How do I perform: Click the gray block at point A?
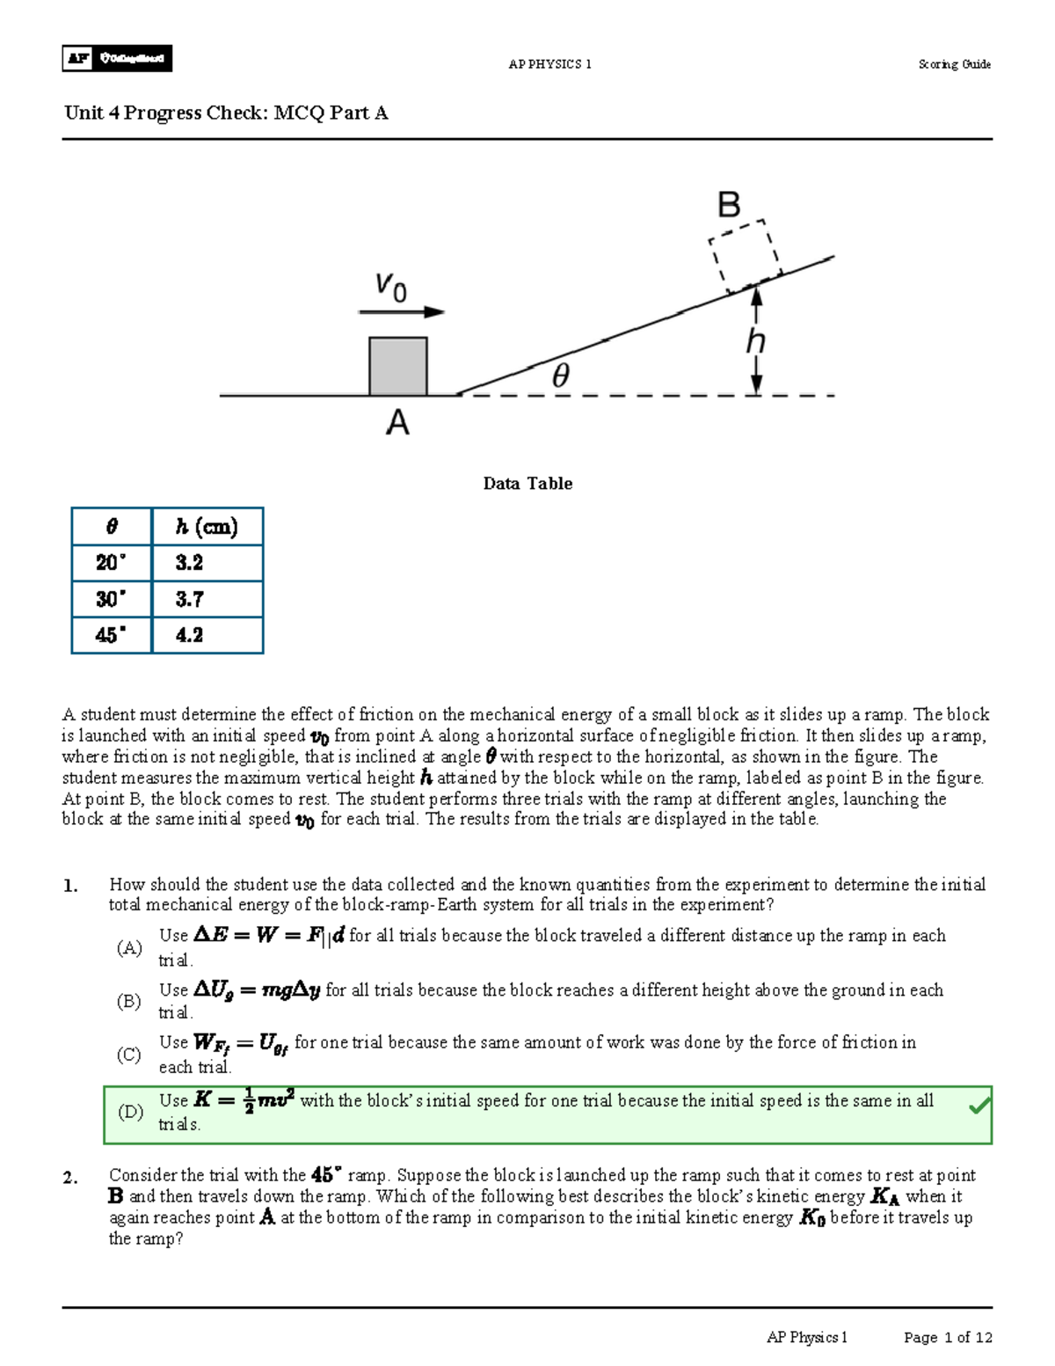pos(398,367)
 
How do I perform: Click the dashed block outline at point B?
pos(746,255)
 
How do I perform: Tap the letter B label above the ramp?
pos(729,205)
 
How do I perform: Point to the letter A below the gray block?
pos(397,424)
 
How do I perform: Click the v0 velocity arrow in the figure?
pos(402,311)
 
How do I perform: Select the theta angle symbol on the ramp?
pos(560,376)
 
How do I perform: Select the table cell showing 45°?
pos(111,635)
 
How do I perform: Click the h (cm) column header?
pos(207,527)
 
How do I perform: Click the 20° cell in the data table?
pos(111,563)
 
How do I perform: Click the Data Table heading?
pos(527,484)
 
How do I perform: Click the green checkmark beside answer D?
pos(979,1107)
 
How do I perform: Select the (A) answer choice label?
pos(129,947)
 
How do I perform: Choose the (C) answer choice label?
pos(129,1054)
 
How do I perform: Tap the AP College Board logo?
pos(117,59)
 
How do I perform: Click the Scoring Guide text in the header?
pos(954,64)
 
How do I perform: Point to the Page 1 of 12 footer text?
pos(948,1338)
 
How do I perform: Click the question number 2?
pos(70,1178)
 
